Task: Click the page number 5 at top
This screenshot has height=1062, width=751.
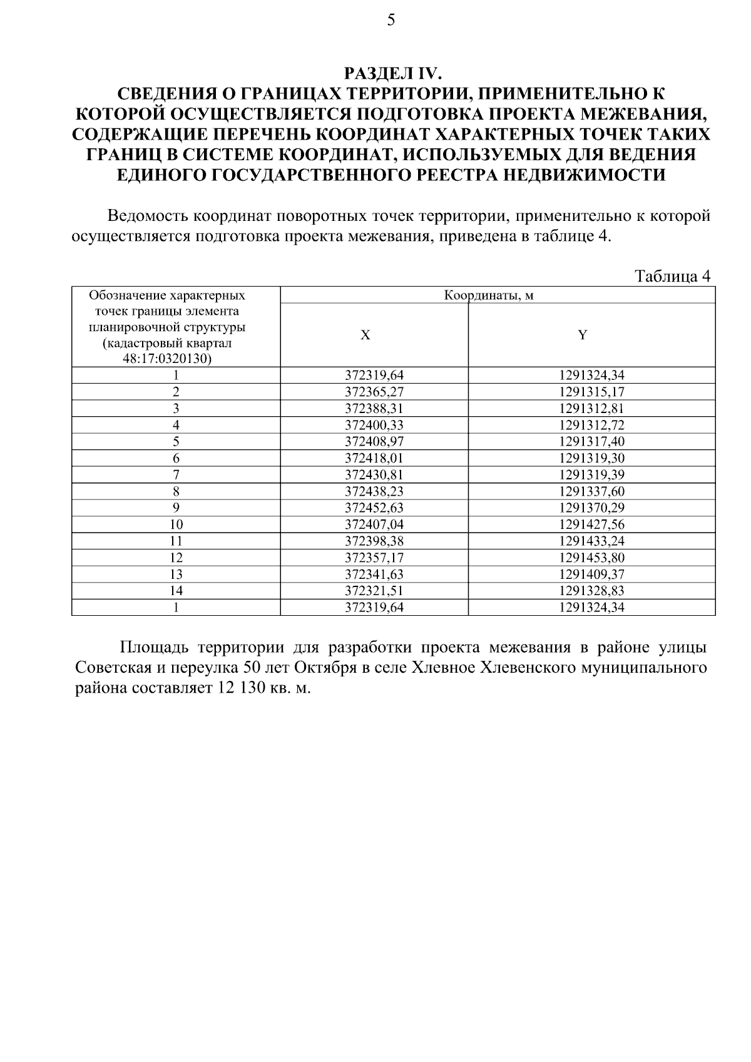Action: coord(391,21)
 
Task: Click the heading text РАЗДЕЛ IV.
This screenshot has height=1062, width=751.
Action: coord(393,74)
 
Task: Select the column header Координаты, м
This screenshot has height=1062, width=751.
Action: coord(498,295)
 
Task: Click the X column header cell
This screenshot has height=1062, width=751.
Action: coord(365,335)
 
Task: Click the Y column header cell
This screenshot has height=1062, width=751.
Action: coord(583,335)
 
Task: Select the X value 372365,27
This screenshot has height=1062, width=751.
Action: coord(374,392)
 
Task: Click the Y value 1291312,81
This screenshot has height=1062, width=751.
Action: coord(591,409)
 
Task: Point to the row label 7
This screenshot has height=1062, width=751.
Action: coord(176,475)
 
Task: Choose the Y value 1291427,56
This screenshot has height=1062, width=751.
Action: coord(591,524)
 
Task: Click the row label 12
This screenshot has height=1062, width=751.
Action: coord(176,558)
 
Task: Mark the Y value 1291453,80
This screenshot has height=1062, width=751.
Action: coord(591,558)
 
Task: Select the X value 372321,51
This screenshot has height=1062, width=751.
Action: coord(374,591)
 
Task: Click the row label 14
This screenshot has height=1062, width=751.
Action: coord(176,591)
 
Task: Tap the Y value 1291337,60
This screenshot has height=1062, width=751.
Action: coord(591,492)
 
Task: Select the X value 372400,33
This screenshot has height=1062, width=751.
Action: coord(374,426)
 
